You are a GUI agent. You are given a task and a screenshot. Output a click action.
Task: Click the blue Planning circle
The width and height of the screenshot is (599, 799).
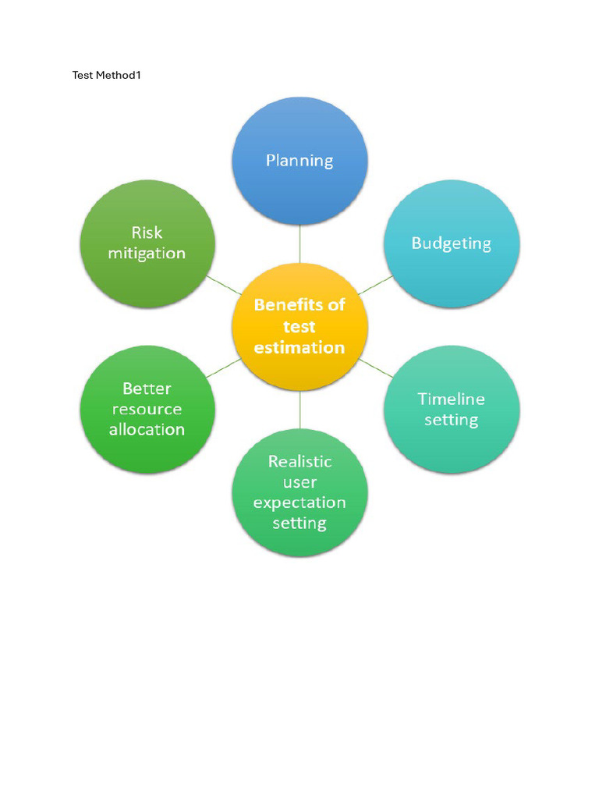(299, 161)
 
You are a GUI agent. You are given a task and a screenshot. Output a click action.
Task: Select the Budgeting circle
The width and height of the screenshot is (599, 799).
(452, 243)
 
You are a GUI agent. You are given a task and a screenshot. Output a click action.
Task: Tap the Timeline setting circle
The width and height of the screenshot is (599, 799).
(452, 409)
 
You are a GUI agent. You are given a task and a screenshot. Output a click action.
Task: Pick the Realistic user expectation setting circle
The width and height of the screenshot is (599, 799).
(299, 492)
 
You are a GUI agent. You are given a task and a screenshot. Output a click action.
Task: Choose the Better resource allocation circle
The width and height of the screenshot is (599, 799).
(147, 409)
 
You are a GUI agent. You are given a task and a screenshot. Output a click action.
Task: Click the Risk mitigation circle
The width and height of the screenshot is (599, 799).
(147, 243)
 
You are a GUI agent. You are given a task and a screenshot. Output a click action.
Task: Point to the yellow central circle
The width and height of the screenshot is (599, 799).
(299, 327)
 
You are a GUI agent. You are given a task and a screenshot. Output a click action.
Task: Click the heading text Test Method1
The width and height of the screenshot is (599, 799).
(106, 75)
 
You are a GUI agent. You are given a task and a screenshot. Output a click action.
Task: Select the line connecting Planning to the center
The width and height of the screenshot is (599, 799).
(299, 244)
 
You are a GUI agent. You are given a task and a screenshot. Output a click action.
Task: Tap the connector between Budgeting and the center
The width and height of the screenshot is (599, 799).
(375, 285)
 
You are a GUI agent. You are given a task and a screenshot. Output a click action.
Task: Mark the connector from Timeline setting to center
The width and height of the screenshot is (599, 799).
(375, 368)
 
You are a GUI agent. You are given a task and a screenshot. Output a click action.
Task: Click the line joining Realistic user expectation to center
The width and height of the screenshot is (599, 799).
(299, 410)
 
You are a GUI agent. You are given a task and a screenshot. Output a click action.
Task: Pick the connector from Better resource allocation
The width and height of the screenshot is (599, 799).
(224, 368)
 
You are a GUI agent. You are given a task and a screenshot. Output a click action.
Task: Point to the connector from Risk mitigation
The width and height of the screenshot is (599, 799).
(224, 285)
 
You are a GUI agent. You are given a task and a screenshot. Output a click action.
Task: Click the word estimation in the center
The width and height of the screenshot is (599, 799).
(299, 347)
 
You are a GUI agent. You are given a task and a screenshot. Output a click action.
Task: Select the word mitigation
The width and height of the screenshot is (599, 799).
(147, 254)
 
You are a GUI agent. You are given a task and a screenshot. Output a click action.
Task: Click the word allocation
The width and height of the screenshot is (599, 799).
(147, 430)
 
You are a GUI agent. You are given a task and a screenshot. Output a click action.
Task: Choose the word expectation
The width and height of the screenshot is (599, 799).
(299, 503)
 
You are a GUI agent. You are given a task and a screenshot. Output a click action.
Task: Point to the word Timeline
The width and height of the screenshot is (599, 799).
(452, 399)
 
